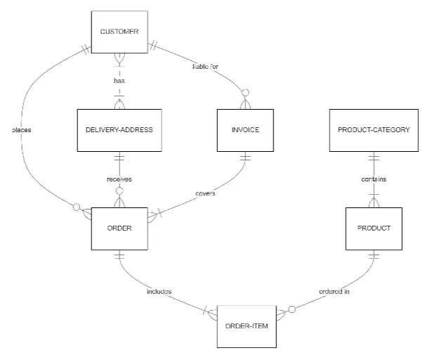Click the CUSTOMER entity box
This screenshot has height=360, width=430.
[119, 31]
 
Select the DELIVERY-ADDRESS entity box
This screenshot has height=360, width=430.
[119, 130]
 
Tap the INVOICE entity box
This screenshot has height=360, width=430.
[245, 130]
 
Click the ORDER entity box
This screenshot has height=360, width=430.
[119, 228]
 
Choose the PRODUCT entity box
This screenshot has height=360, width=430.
[374, 228]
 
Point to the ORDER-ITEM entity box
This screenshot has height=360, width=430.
[245, 326]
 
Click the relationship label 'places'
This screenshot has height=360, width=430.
[22, 129]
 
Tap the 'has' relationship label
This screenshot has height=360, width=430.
[119, 81]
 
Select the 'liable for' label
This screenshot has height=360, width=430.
[206, 67]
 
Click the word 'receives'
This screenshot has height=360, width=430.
[119, 179]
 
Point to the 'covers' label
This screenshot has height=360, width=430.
[204, 193]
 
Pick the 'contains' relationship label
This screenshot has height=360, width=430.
[374, 179]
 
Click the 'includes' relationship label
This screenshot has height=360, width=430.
[159, 291]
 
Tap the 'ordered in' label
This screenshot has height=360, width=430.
[334, 291]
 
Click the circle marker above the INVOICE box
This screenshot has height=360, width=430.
[245, 93]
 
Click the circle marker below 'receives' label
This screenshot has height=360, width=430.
[119, 191]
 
